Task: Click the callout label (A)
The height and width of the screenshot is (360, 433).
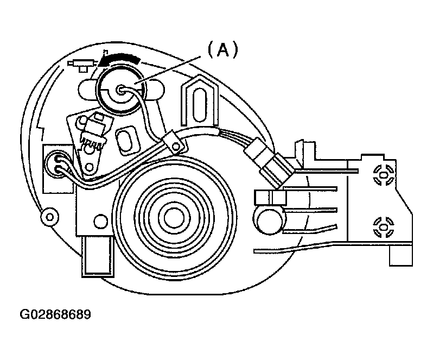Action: click(x=222, y=50)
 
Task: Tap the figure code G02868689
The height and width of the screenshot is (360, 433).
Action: click(x=55, y=314)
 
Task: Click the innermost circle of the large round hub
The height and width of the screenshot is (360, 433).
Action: click(x=174, y=218)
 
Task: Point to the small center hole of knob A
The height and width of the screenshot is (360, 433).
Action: click(x=120, y=90)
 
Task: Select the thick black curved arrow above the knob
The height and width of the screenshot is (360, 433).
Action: click(x=119, y=59)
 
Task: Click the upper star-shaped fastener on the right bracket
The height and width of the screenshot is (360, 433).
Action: click(x=384, y=175)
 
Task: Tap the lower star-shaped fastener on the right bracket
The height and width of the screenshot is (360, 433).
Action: click(x=384, y=227)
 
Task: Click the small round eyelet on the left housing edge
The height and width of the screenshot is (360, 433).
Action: click(x=50, y=217)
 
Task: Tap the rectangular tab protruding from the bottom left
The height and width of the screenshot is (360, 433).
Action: click(x=98, y=256)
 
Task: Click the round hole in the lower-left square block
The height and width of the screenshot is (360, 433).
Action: click(x=100, y=221)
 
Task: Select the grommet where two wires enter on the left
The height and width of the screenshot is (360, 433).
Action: click(x=58, y=165)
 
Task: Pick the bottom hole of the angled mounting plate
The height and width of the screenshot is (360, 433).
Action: click(x=90, y=167)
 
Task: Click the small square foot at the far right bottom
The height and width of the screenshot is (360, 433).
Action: click(x=401, y=256)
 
